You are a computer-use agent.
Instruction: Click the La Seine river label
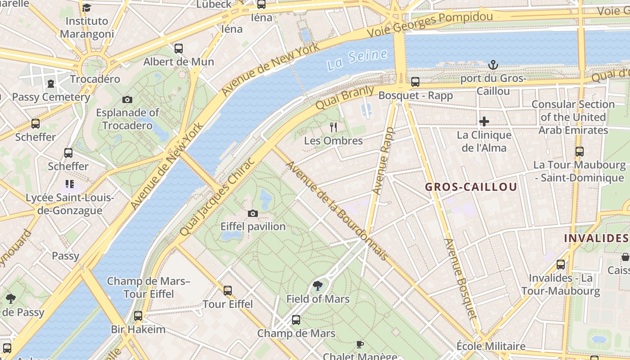pyautogui.click(x=357, y=60)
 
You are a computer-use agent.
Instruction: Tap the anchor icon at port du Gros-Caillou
pyautogui.click(x=493, y=65)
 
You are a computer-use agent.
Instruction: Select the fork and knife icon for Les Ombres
pyautogui.click(x=333, y=127)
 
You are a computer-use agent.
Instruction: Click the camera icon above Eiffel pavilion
pyautogui.click(x=253, y=213)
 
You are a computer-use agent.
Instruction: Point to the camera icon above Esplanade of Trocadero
pyautogui.click(x=127, y=99)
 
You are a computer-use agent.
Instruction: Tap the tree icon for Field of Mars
pyautogui.click(x=318, y=285)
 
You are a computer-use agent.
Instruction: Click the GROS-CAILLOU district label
pyautogui.click(x=471, y=187)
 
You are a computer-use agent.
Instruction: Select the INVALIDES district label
pyautogui.click(x=596, y=238)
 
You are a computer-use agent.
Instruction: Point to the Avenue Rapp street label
pyautogui.click(x=383, y=161)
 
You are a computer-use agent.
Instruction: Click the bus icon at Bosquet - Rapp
pyautogui.click(x=415, y=82)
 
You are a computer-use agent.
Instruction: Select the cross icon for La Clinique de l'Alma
pyautogui.click(x=484, y=121)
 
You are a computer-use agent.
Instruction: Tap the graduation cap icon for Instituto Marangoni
pyautogui.click(x=86, y=8)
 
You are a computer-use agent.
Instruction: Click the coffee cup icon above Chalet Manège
pyautogui.click(x=360, y=344)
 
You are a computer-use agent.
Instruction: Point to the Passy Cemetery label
pyautogui.click(x=51, y=97)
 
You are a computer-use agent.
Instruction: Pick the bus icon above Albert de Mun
pyautogui.click(x=179, y=48)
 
